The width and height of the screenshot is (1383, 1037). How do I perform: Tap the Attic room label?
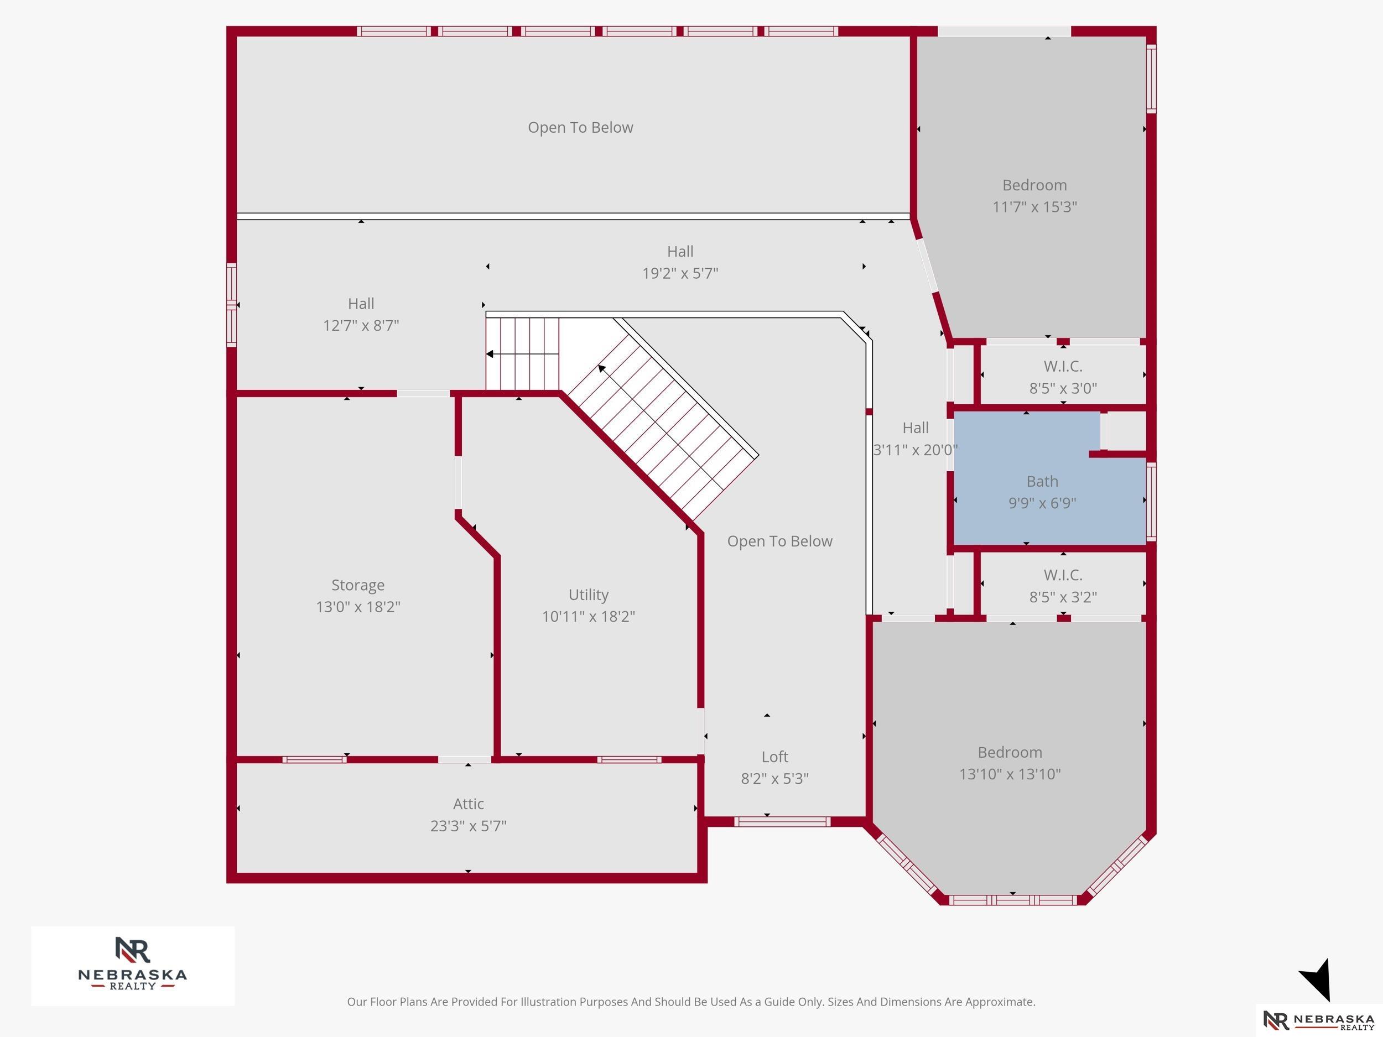tap(469, 804)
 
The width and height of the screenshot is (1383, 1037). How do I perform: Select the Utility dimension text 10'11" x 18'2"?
tap(589, 616)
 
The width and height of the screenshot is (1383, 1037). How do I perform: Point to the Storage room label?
tap(357, 585)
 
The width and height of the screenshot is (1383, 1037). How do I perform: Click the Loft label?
tap(774, 757)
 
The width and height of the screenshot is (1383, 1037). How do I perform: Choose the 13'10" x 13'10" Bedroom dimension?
tap(1010, 774)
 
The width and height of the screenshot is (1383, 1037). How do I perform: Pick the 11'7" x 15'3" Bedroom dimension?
tap(1034, 207)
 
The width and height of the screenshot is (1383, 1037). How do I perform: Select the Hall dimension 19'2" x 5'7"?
tap(680, 273)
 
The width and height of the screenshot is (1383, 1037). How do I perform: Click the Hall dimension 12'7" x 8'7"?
tap(361, 326)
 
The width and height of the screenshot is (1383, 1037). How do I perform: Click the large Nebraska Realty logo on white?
tap(133, 965)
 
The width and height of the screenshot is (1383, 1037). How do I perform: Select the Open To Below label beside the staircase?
tap(779, 541)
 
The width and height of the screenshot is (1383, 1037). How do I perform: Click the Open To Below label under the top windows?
tap(580, 128)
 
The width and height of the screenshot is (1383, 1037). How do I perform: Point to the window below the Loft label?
tap(782, 822)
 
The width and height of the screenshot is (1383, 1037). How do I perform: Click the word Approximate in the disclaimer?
tap(1000, 1002)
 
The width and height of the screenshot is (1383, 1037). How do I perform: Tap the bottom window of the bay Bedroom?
tap(1013, 900)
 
